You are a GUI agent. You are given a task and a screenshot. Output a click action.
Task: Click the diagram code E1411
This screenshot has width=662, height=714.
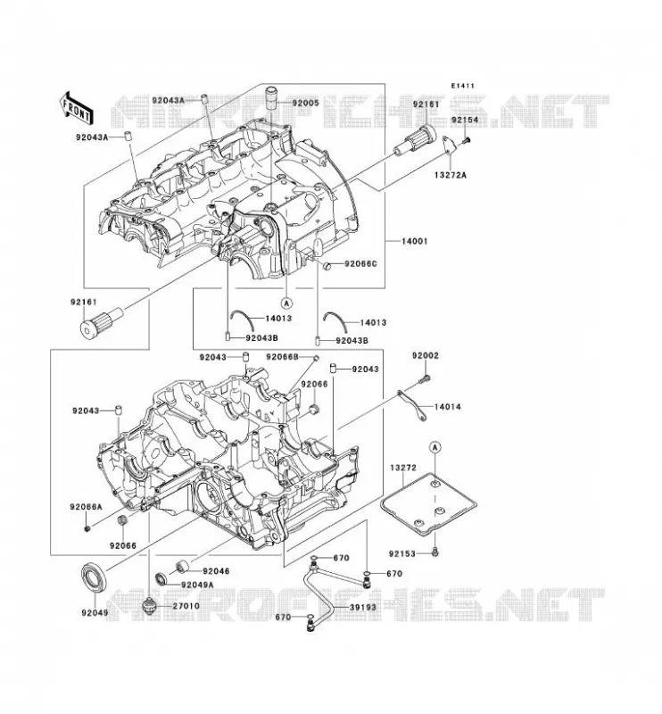point(463,86)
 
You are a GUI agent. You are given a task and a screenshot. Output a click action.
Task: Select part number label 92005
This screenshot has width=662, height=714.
point(305,103)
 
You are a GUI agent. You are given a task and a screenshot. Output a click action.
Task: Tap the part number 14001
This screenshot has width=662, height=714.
point(414,241)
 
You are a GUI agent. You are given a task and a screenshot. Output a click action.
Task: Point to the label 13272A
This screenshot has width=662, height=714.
point(451,174)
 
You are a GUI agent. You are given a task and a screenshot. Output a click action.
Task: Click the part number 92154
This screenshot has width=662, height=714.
point(465,120)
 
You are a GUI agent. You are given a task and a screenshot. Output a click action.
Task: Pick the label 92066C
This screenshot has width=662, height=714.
point(360,263)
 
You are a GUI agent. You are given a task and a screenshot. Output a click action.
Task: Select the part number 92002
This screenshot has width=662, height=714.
point(426,355)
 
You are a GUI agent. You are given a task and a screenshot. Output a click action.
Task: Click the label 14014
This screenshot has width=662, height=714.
point(447,407)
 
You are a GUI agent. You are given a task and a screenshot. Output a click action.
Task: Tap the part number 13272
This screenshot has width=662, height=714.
point(403,467)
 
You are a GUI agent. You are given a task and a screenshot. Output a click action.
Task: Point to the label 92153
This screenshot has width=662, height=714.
point(402,553)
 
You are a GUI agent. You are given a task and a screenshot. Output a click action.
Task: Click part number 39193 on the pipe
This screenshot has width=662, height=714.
point(363,607)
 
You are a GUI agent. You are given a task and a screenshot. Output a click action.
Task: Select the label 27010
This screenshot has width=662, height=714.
point(186,606)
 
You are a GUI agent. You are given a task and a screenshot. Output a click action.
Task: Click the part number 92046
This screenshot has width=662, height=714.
point(216,570)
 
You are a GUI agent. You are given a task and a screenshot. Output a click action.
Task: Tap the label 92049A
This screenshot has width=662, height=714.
point(197,585)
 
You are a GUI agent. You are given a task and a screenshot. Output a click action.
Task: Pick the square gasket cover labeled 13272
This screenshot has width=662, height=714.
point(429,503)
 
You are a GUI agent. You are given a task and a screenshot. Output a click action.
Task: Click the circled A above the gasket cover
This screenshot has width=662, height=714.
point(435,448)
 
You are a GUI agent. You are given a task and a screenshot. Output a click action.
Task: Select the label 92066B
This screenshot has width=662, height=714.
point(283,357)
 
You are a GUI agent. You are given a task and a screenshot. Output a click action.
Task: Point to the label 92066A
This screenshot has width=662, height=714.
point(86,506)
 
